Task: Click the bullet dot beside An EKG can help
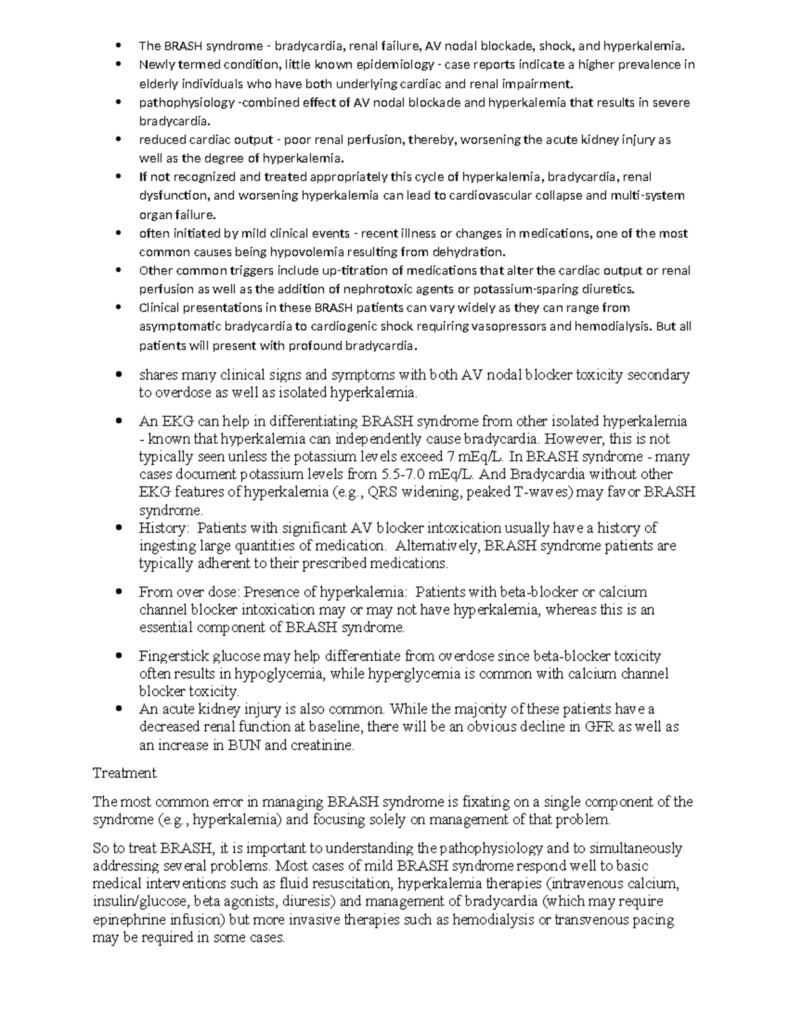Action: pyautogui.click(x=118, y=421)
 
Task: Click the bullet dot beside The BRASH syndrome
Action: pyautogui.click(x=118, y=46)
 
